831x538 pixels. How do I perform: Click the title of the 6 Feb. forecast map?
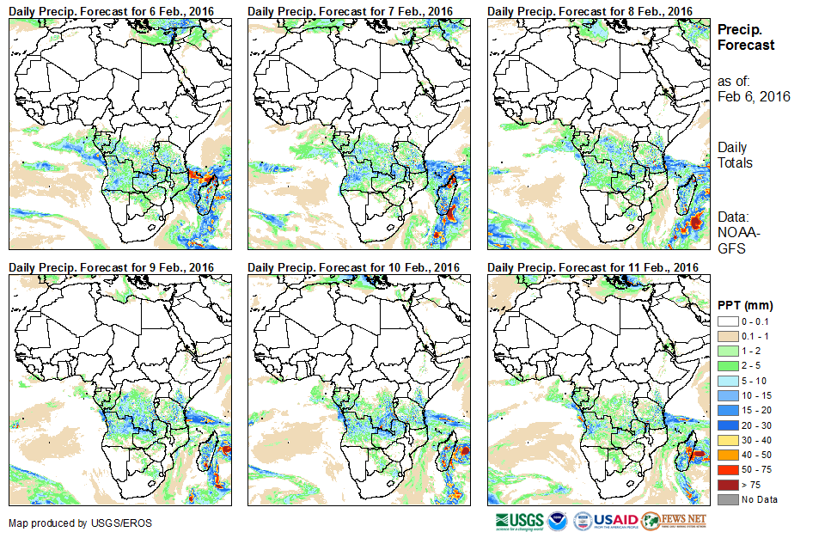tap(111, 10)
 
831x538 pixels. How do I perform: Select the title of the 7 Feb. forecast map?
tap(350, 10)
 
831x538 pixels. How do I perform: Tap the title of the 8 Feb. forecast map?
tap(589, 10)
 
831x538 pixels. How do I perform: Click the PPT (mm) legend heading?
tap(745, 305)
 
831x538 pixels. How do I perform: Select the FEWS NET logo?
tap(675, 520)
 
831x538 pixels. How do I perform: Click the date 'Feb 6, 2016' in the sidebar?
tap(753, 96)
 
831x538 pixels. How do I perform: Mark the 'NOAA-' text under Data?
tap(735, 233)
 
